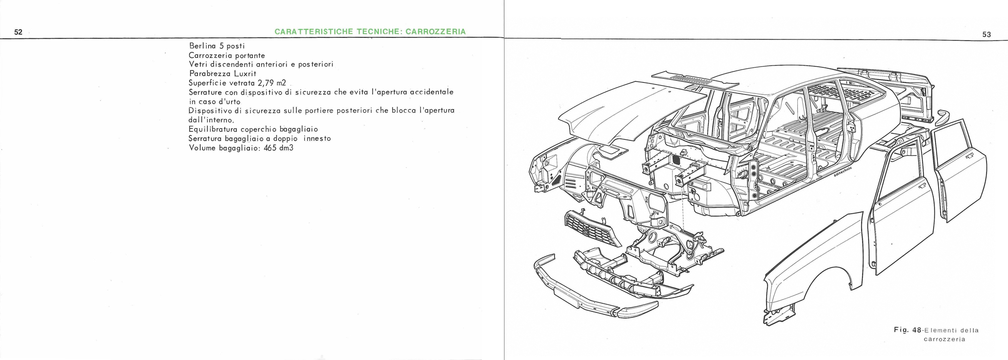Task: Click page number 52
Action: coord(18,32)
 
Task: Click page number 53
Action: coord(986,35)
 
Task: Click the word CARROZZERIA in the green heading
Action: coord(435,32)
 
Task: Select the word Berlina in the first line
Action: coord(203,46)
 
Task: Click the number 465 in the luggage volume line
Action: coord(272,148)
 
